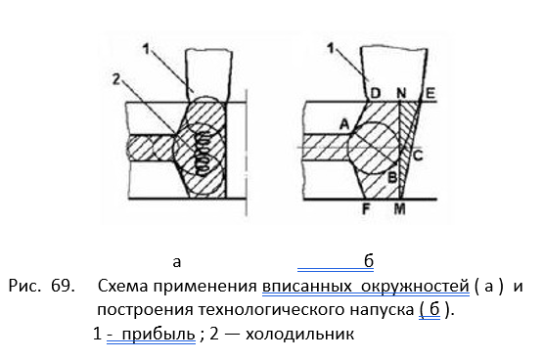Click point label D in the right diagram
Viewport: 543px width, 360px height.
[x=376, y=93]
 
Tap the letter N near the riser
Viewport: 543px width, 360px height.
[x=401, y=93]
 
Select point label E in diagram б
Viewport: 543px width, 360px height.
[x=430, y=93]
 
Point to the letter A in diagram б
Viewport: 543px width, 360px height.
[x=344, y=124]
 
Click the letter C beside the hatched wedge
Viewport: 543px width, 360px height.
[x=418, y=156]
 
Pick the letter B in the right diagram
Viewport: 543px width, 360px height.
[x=392, y=178]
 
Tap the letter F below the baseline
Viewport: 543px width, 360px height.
[x=366, y=209]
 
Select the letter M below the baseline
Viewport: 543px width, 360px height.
[x=399, y=209]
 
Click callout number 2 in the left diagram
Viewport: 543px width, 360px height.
[x=116, y=79]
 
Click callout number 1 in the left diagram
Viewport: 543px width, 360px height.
[x=146, y=49]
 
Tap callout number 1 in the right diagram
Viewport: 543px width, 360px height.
[x=331, y=48]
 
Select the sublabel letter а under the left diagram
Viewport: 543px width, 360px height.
[x=177, y=262]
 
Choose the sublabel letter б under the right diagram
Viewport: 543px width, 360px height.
[x=369, y=261]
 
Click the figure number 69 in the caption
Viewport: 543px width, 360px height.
[x=62, y=286]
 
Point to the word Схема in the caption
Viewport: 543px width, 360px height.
[x=121, y=287]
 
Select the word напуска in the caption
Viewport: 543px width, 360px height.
[x=382, y=310]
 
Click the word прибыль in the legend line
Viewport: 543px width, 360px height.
[x=158, y=335]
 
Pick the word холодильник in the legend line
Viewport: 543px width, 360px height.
[x=300, y=335]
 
